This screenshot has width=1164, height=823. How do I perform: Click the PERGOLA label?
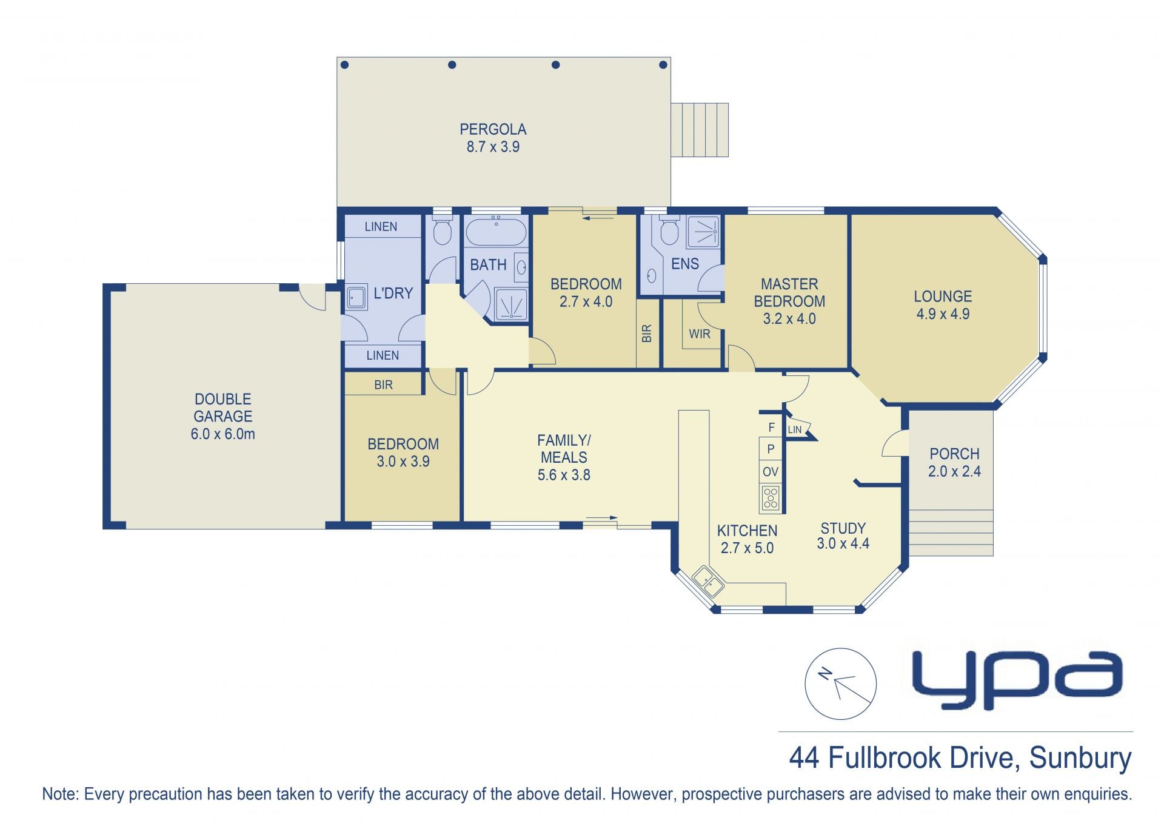pyautogui.click(x=493, y=129)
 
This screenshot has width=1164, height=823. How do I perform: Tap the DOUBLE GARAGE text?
pyautogui.click(x=223, y=408)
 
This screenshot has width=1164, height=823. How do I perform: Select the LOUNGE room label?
pyautogui.click(x=943, y=297)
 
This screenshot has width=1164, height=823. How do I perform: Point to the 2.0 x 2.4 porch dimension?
pyautogui.click(x=954, y=471)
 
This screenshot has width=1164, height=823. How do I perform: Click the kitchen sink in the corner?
pyautogui.click(x=708, y=581)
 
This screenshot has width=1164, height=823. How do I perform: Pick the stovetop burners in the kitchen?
pyautogui.click(x=771, y=498)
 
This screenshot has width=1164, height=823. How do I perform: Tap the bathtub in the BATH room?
pyautogui.click(x=496, y=232)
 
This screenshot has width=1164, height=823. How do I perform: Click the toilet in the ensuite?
pyautogui.click(x=669, y=230)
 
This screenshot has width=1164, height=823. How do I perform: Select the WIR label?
pyautogui.click(x=699, y=334)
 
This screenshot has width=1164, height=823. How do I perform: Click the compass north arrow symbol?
pyautogui.click(x=840, y=684)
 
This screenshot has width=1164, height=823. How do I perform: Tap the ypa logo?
pyautogui.click(x=1018, y=680)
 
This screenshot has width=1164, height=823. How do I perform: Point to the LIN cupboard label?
pyautogui.click(x=795, y=429)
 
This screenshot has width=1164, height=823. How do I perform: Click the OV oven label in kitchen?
pyautogui.click(x=771, y=472)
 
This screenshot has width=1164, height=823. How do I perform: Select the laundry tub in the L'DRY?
pyautogui.click(x=356, y=298)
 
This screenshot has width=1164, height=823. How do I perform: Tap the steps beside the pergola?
pyautogui.click(x=700, y=130)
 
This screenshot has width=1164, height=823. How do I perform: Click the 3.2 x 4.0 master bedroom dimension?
pyautogui.click(x=789, y=318)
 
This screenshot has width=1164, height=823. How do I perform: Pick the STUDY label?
pyautogui.click(x=843, y=528)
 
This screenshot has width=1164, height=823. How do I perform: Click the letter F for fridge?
pyautogui.click(x=771, y=428)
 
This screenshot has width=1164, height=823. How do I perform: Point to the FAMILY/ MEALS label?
pyautogui.click(x=564, y=449)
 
